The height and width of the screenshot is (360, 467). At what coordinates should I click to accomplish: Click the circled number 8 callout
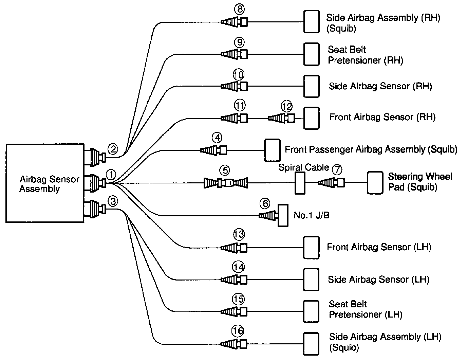[x=239, y=10]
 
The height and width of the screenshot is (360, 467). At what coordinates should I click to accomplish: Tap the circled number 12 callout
[x=287, y=107]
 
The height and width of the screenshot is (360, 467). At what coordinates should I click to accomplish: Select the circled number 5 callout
[x=225, y=170]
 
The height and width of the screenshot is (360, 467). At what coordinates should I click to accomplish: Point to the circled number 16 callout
[x=238, y=330]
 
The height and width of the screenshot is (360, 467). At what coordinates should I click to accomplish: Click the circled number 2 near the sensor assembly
[x=113, y=149]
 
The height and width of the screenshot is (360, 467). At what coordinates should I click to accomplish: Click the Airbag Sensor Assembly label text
[x=49, y=184]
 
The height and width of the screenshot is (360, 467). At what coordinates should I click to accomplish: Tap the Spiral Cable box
[x=300, y=183]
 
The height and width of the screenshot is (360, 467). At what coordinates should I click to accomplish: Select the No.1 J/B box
[x=283, y=215]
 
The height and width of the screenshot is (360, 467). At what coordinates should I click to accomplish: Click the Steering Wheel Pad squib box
[x=375, y=183]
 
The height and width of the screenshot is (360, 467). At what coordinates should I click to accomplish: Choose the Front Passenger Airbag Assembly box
[x=273, y=150]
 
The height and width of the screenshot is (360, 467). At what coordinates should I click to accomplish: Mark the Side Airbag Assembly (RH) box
[x=311, y=22]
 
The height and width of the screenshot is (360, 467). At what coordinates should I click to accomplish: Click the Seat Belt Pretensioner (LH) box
[x=311, y=311]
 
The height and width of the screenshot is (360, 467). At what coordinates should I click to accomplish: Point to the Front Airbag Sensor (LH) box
[x=311, y=248]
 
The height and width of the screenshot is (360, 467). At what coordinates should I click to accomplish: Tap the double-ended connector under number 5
[x=226, y=183]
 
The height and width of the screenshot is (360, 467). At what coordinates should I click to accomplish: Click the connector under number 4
[x=213, y=150]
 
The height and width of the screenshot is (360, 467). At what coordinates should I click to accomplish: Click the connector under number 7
[x=331, y=183]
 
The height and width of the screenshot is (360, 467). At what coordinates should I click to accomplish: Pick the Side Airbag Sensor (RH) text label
[x=380, y=86]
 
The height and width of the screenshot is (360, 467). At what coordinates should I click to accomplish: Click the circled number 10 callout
[x=239, y=74]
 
